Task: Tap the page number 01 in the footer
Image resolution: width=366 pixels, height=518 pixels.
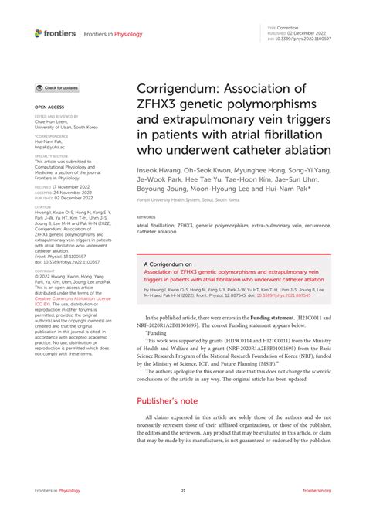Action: click(x=183, y=491)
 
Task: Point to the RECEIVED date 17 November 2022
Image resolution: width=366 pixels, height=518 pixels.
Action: click(x=65, y=187)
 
